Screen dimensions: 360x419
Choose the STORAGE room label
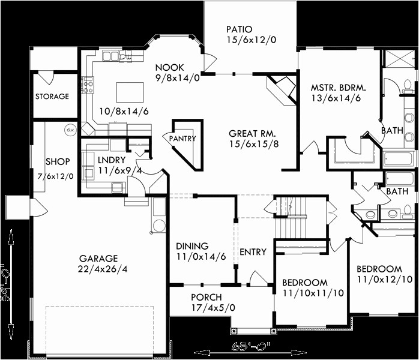pos(52,97)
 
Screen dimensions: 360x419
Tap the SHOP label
pos(58,162)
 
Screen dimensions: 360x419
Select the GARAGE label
pos(98,259)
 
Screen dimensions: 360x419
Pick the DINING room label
pos(192,246)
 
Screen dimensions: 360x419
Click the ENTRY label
pos(252,252)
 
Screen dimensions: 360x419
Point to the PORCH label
pos(206,298)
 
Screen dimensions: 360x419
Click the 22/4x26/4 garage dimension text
pos(103,269)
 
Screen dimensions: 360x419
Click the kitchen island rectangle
pos(130,92)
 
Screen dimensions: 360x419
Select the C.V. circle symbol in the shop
pos(70,130)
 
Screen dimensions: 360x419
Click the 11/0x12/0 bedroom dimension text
pos(379,280)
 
